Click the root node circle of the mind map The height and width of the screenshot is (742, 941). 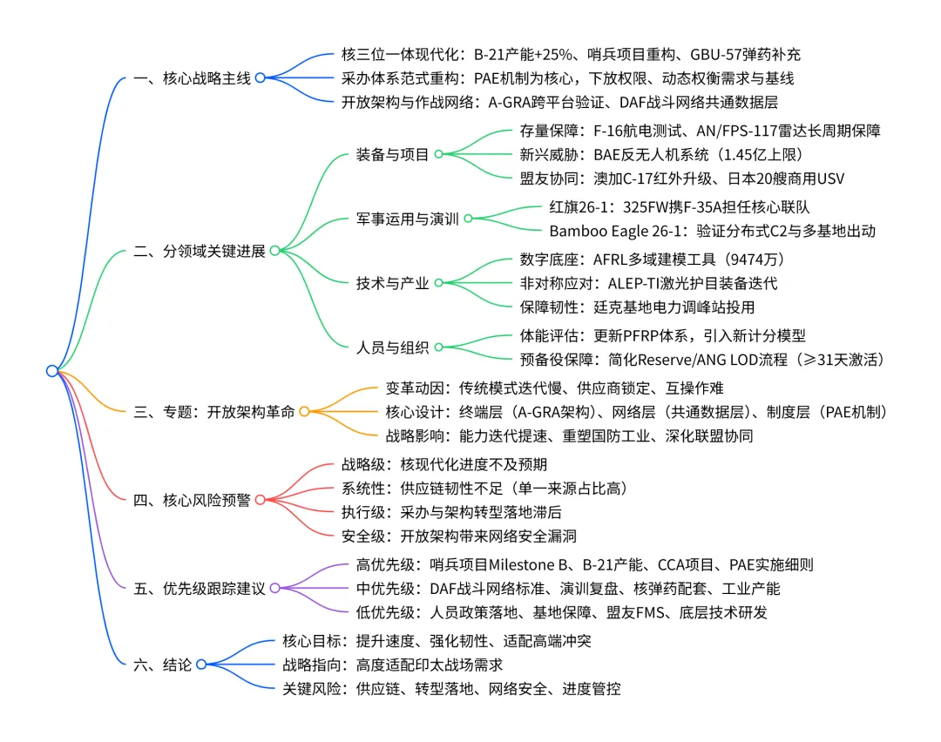pyautogui.click(x=52, y=371)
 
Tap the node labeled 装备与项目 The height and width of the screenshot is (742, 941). pyautogui.click(x=393, y=154)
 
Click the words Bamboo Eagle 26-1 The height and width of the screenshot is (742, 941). pyautogui.click(x=606, y=231)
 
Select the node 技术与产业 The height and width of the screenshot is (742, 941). pyautogui.click(x=393, y=282)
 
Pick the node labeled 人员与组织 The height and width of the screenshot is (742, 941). pyautogui.click(x=393, y=347)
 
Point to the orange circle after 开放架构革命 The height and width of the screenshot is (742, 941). pyautogui.click(x=304, y=411)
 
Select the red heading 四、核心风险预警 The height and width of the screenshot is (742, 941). pyautogui.click(x=193, y=500)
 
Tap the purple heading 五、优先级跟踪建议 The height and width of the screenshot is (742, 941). pyautogui.click(x=200, y=588)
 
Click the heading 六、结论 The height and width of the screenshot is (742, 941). pyautogui.click(x=162, y=664)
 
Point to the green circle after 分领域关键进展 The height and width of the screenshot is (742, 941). pyautogui.click(x=274, y=251)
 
